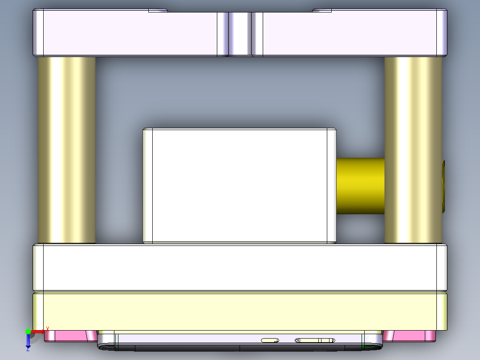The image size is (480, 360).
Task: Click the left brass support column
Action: click(66, 149)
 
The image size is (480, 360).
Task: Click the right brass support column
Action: click(413, 149)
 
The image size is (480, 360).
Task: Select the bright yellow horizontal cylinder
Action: click(360, 185)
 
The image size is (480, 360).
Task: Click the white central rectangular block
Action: click(239, 186)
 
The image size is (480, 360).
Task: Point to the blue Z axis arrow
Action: click(28, 342)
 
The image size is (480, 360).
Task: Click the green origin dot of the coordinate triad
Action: click(28, 331)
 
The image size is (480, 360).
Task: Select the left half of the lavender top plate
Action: click(129, 34)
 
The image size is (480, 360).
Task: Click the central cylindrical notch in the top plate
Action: click(240, 34)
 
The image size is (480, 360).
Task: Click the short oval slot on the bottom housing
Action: click(270, 340)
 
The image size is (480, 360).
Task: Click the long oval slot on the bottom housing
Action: click(315, 340)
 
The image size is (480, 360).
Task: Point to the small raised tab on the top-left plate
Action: click(158, 10)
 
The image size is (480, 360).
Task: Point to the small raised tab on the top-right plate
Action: click(322, 10)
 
